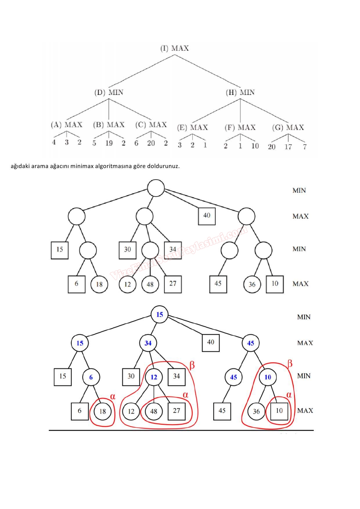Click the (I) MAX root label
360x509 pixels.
coord(174,48)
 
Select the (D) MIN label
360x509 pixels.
coord(109,92)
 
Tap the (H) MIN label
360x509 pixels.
coord(240,92)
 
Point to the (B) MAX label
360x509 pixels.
coord(109,125)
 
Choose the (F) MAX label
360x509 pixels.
coord(240,127)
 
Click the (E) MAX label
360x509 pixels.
coord(192,127)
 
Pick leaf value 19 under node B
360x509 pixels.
coord(109,143)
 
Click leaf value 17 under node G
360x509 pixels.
coord(288,147)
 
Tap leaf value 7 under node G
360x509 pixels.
coord(305,147)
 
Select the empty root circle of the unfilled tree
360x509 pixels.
coord(156,188)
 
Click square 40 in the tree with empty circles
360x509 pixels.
coord(207,216)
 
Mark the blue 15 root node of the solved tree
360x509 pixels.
coord(159,314)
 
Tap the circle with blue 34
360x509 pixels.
coord(148,343)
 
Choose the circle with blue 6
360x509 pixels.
coord(91,377)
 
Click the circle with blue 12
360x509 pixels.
coord(154,377)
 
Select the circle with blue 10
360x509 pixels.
coord(268,377)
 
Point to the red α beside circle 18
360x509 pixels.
coord(113,396)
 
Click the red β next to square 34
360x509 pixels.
coord(192,365)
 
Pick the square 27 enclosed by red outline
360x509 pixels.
coord(177,411)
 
